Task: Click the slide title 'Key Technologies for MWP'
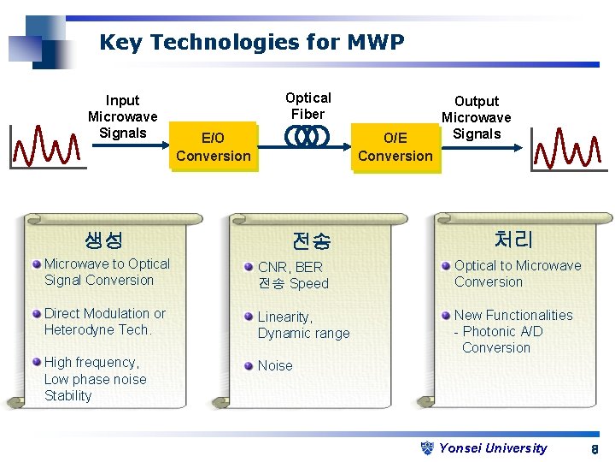pyautogui.click(x=252, y=42)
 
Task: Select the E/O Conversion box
pyautogui.click(x=213, y=146)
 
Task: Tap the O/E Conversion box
pyautogui.click(x=395, y=146)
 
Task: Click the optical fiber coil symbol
pyautogui.click(x=307, y=136)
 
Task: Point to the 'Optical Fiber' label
pyautogui.click(x=307, y=105)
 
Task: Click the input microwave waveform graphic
pyautogui.click(x=47, y=147)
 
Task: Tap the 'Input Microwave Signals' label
pyautogui.click(x=122, y=116)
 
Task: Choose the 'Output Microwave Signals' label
pyautogui.click(x=476, y=117)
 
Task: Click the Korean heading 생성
pyautogui.click(x=104, y=240)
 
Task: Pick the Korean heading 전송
pyautogui.click(x=311, y=241)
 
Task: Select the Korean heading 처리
pyautogui.click(x=512, y=240)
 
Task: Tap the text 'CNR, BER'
pyautogui.click(x=290, y=267)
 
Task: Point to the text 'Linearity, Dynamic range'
pyautogui.click(x=303, y=325)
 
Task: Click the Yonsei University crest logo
pyautogui.click(x=429, y=447)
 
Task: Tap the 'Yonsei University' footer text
pyautogui.click(x=493, y=447)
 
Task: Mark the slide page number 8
pyautogui.click(x=594, y=449)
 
